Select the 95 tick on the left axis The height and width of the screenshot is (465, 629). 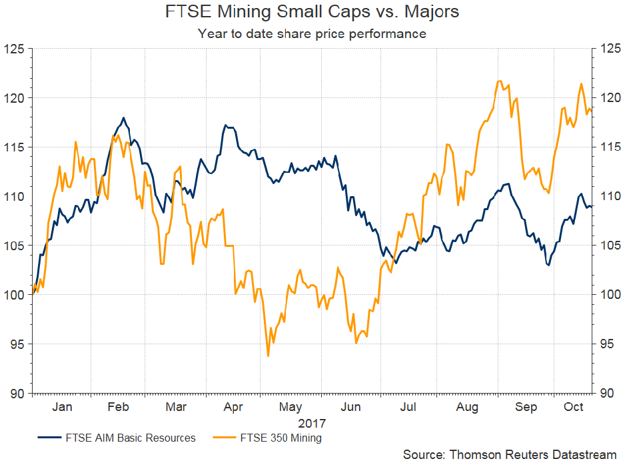pyautogui.click(x=17, y=344)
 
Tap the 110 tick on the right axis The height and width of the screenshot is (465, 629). pyautogui.click(x=612, y=197)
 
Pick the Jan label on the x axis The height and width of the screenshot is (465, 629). pyautogui.click(x=62, y=407)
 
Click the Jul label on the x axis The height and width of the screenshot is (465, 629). pyautogui.click(x=408, y=407)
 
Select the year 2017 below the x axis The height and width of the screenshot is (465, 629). pyautogui.click(x=312, y=422)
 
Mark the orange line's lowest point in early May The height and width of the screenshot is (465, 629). pyautogui.click(x=268, y=356)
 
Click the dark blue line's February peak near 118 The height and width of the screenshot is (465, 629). pyautogui.click(x=123, y=118)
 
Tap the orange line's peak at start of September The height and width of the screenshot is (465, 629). pyautogui.click(x=499, y=81)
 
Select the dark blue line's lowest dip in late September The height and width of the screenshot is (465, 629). pyautogui.click(x=548, y=266)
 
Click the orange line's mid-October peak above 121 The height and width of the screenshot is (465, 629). pyautogui.click(x=581, y=83)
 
